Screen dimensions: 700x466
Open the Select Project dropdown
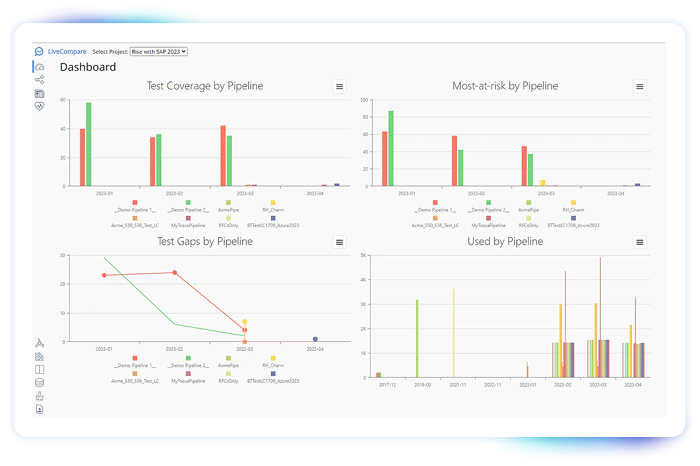(159, 51)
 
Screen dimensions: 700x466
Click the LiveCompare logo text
(67, 51)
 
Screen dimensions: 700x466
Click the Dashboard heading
(88, 67)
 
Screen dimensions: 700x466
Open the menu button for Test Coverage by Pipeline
(339, 86)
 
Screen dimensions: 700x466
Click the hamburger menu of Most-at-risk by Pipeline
(640, 86)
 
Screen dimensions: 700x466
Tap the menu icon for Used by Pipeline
(640, 242)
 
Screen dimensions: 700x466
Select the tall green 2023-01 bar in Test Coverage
(89, 144)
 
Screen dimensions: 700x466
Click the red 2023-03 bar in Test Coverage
(223, 156)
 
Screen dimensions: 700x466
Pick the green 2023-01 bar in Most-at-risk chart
(391, 149)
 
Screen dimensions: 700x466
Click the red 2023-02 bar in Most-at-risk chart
(454, 161)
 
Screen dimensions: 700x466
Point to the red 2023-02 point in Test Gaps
(174, 273)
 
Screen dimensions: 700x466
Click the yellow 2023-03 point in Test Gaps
(244, 322)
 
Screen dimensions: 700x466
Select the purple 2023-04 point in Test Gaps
(316, 339)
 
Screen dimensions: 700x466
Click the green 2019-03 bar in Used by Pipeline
(417, 338)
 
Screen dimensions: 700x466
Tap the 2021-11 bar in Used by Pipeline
(454, 333)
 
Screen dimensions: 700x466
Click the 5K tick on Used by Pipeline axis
(363, 255)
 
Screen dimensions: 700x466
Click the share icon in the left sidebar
(40, 80)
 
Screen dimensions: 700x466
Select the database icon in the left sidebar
(40, 383)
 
